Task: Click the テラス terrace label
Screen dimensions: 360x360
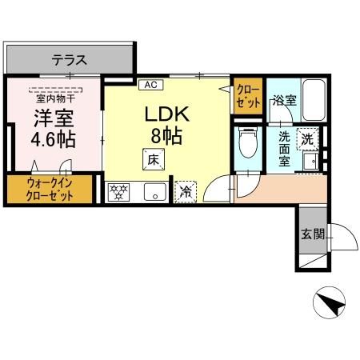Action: pos(70,59)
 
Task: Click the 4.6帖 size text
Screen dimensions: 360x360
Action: pos(54,140)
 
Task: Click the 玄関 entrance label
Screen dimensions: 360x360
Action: pos(313,235)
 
